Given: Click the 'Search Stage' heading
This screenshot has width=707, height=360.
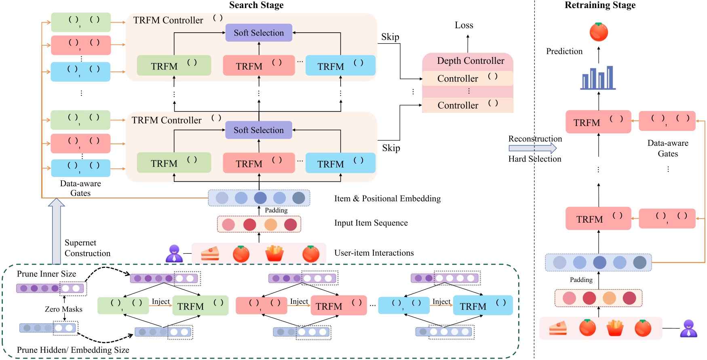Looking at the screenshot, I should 256,5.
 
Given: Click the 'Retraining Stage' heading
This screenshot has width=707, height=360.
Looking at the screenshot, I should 600,5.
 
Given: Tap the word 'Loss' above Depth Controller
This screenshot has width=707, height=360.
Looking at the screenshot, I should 464,25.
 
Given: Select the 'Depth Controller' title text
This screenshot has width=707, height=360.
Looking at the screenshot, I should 471,61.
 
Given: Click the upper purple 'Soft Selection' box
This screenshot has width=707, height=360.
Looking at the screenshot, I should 259,33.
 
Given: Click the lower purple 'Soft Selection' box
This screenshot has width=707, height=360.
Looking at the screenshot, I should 259,130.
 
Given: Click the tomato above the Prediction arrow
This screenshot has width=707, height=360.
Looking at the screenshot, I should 599,32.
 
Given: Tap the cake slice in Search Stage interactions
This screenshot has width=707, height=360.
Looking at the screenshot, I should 210,253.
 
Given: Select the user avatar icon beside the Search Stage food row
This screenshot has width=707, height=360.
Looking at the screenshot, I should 174,253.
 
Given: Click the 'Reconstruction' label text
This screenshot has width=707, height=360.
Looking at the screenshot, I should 535,139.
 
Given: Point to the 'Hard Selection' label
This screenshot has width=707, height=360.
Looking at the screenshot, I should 535,159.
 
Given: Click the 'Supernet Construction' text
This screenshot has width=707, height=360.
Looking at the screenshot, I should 87,248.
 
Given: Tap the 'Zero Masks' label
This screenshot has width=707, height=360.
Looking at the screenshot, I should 63,309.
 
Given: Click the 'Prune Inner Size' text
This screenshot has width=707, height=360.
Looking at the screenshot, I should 46,274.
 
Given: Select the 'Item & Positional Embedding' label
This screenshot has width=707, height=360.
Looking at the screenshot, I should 387,198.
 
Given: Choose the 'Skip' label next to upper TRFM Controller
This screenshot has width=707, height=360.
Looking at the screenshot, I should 390,37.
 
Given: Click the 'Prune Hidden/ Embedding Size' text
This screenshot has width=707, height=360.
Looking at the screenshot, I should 73,350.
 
